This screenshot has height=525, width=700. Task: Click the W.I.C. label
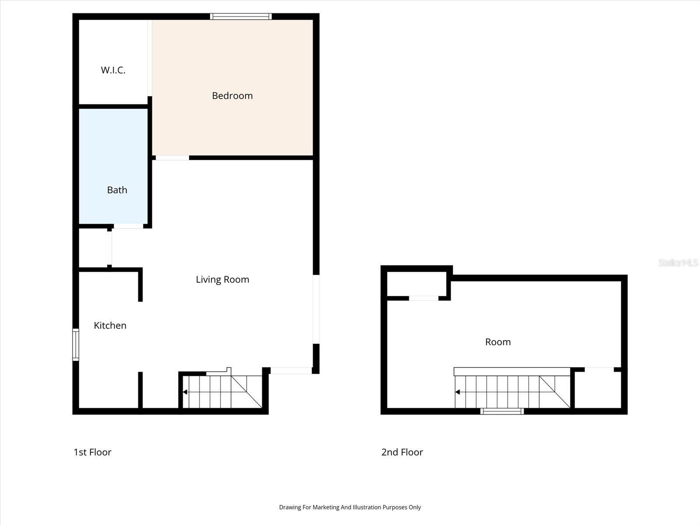(x=113, y=70)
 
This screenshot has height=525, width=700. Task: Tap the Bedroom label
(x=232, y=95)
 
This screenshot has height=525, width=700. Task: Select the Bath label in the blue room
(x=117, y=190)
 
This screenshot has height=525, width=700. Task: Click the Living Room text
(x=222, y=280)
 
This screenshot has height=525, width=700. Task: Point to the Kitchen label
(x=110, y=325)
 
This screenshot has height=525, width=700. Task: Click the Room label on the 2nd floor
(x=498, y=342)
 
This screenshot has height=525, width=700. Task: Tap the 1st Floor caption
(x=92, y=452)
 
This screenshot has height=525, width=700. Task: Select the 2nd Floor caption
(x=402, y=452)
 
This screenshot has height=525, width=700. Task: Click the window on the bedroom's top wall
(x=241, y=17)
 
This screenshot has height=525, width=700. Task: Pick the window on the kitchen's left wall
(x=76, y=345)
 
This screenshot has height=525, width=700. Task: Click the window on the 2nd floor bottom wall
(x=502, y=411)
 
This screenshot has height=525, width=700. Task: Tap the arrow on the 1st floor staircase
(x=185, y=392)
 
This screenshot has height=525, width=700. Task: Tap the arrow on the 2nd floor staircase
(x=458, y=392)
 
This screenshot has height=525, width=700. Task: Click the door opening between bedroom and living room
(x=172, y=157)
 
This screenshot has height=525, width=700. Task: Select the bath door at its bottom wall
(x=128, y=226)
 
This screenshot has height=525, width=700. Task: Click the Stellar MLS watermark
(x=678, y=262)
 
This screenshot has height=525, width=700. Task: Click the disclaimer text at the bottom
(x=350, y=507)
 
